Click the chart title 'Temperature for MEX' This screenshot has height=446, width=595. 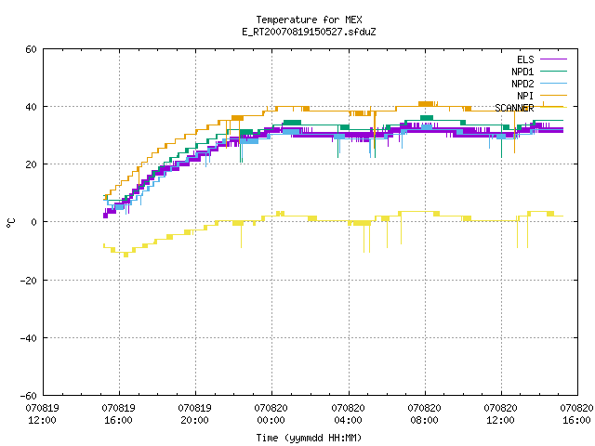tap(309, 20)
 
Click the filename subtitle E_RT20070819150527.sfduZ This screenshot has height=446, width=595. tap(309, 32)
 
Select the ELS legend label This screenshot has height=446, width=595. tap(525, 59)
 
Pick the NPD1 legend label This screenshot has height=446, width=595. tap(522, 72)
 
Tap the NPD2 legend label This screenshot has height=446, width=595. tap(522, 84)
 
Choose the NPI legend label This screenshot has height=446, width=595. tap(525, 96)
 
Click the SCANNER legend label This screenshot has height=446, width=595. tap(514, 108)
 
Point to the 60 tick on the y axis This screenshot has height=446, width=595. tap(31, 49)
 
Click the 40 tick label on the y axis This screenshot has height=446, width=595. tap(31, 107)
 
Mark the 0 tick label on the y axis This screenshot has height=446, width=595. tap(34, 222)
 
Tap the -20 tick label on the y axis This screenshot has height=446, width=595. tap(29, 281)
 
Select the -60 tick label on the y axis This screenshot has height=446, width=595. tap(29, 396)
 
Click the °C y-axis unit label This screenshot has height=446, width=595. tap(10, 223)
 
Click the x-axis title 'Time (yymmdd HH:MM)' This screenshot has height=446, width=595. tap(309, 438)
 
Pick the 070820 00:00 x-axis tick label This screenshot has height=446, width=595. tap(271, 414)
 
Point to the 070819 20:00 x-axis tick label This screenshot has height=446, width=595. tap(194, 414)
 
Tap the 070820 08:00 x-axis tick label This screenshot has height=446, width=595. tap(424, 414)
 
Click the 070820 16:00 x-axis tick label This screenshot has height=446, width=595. tap(576, 414)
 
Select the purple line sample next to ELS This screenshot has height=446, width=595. tap(553, 59)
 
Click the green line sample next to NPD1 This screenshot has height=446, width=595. tap(553, 71)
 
